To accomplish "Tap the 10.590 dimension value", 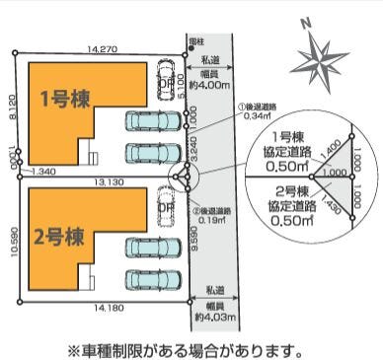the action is [x=12, y=242].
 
